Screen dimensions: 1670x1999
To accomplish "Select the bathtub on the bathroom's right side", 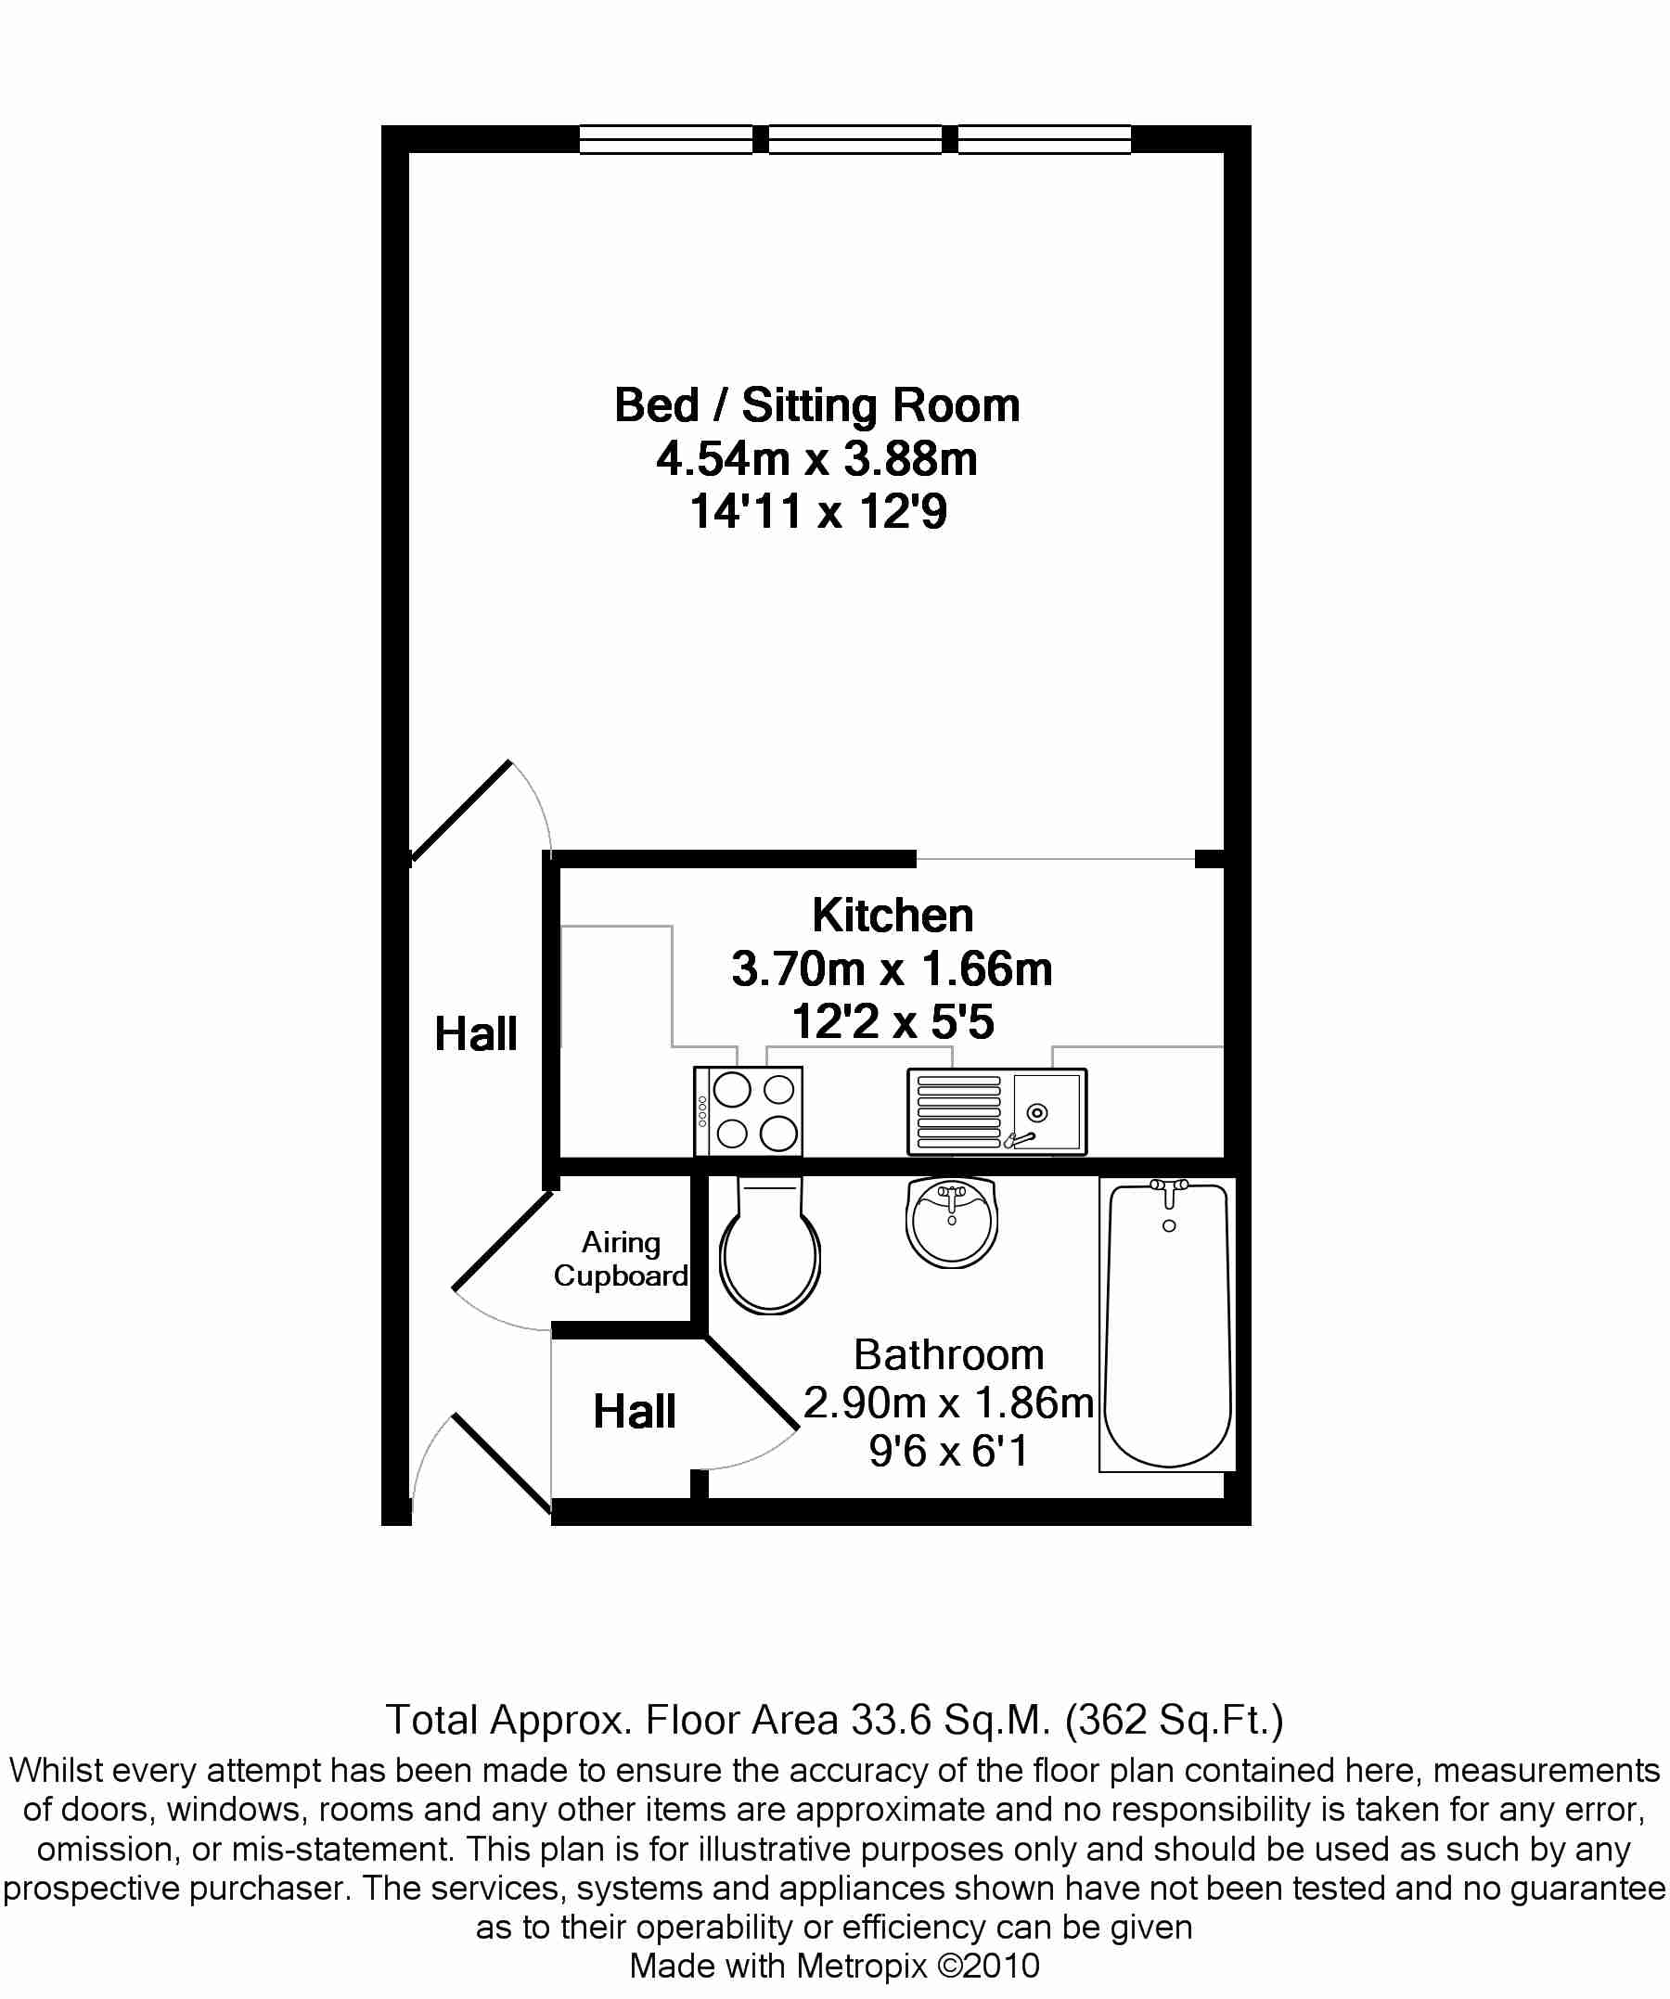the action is [x=1167, y=1324].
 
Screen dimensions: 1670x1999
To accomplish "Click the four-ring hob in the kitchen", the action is [x=749, y=1111].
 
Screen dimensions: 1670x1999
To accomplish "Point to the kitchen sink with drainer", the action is [x=996, y=1111].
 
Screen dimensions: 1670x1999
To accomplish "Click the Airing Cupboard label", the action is [x=621, y=1259].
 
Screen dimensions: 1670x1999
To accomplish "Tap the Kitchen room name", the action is [x=893, y=915].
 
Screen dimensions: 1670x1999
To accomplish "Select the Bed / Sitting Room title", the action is [x=817, y=405].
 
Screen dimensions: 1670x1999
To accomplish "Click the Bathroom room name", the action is [x=948, y=1353].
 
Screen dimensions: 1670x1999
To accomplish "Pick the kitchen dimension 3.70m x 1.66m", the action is [x=893, y=968].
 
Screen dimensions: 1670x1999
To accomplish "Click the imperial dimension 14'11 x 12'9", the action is [x=818, y=511].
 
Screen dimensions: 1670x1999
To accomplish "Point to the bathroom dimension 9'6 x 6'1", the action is [x=948, y=1451].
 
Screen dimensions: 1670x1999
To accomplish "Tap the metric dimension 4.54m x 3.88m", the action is [x=817, y=459].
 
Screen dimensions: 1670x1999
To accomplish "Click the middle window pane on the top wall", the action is [x=855, y=139].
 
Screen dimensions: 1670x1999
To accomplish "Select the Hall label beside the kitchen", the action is [x=476, y=1033].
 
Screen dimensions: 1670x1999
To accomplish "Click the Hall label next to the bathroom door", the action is [x=634, y=1411].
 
